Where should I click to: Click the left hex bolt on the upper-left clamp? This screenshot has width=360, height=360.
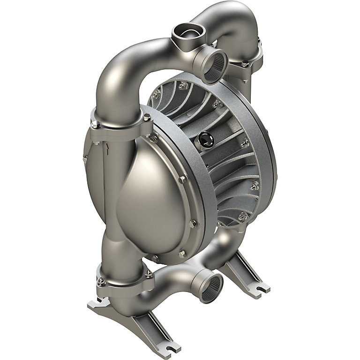click(x=95, y=125)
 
